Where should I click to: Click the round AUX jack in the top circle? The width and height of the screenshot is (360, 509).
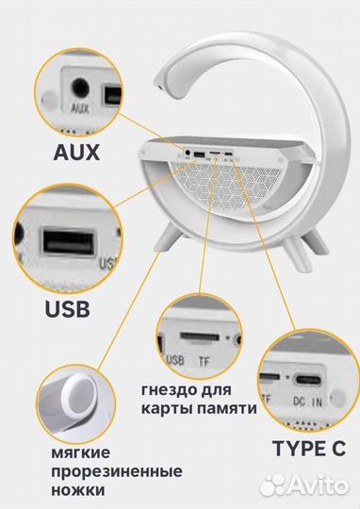[x=80, y=89]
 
